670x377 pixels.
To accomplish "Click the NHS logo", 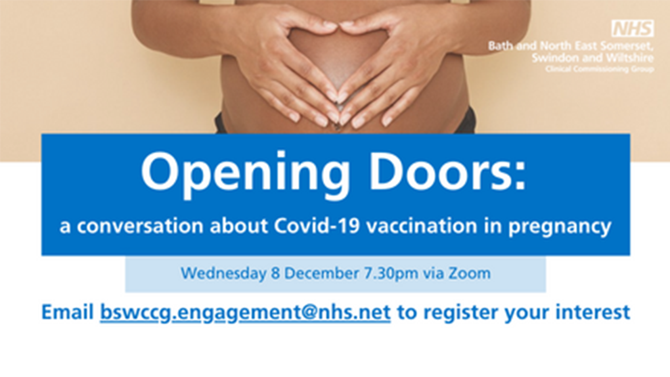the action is pos(632,28).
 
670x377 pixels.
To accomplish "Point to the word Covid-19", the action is pos(317,226).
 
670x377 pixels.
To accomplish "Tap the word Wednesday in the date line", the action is pos(223,273).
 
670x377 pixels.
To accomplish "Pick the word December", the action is pos(322,273).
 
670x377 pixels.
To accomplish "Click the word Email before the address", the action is pos(67,312).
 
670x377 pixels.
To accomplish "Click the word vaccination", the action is pos(421,226).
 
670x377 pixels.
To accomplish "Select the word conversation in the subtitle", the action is pos(140,227).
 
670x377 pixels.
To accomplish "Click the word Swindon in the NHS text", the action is pos(555,58).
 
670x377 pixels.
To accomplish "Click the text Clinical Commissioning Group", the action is pos(600,70).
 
